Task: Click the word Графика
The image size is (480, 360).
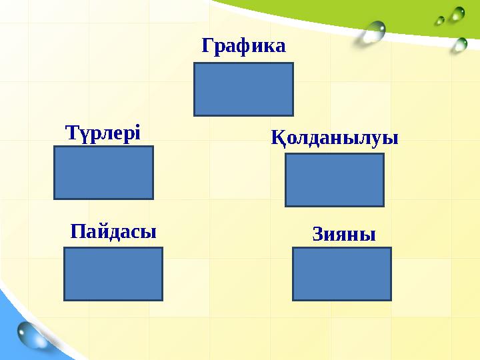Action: coord(243,46)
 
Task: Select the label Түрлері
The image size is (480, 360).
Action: coord(103,132)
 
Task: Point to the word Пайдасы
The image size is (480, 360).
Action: coord(113,232)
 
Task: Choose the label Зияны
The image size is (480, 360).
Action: coord(344,235)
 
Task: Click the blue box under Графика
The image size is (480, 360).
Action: coord(243,89)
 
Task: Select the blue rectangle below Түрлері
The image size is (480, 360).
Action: coord(103,173)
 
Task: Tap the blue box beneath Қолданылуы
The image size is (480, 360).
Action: coord(334,180)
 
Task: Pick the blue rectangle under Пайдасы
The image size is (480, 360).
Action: coord(113,274)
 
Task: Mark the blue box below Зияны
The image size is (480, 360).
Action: coord(342,274)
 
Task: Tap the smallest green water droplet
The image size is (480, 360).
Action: coord(440,21)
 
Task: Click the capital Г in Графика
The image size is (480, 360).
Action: coord(207,46)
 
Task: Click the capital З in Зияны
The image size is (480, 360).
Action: coord(318,235)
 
